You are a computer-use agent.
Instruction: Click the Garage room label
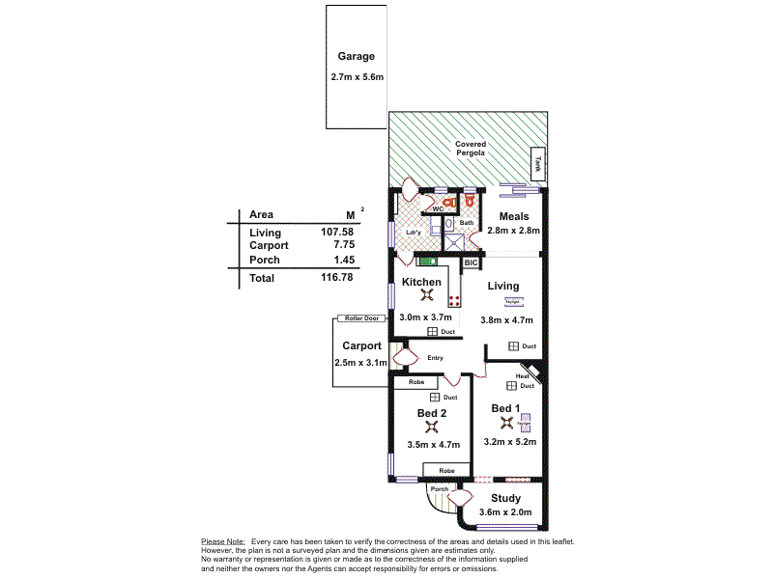(x=356, y=57)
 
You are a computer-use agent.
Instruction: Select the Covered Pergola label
(x=471, y=149)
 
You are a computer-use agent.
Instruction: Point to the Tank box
(x=539, y=164)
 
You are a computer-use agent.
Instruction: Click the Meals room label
(x=512, y=216)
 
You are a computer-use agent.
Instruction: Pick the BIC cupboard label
(x=472, y=262)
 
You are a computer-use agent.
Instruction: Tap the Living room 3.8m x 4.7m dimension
(x=506, y=320)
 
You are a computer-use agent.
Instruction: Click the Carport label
(x=361, y=345)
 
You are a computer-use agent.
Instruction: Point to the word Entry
(x=435, y=358)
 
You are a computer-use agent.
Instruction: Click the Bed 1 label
(x=505, y=408)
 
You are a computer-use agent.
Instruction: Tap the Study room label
(x=505, y=498)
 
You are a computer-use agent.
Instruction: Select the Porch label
(x=440, y=489)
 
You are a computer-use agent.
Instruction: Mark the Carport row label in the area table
(x=268, y=246)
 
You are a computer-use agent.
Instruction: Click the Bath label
(x=467, y=223)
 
